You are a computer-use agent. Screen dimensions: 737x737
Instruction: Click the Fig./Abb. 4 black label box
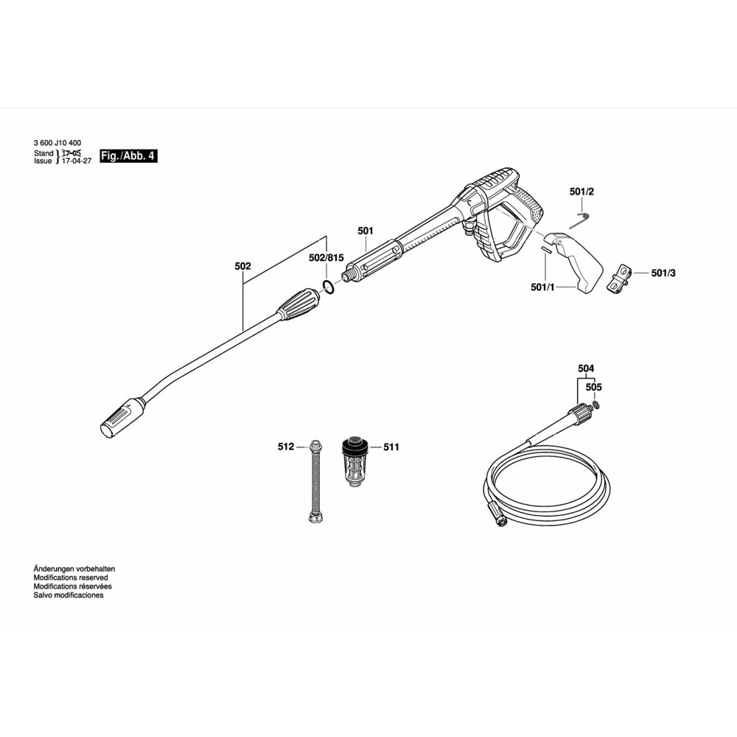coord(128,156)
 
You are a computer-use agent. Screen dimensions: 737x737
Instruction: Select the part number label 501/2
coord(581,192)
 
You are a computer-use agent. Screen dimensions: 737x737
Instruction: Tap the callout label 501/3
coord(663,273)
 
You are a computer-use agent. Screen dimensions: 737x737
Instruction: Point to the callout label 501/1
coord(542,287)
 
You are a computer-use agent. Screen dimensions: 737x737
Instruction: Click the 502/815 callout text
coord(326,257)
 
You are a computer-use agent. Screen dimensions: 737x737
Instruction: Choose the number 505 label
coord(593,387)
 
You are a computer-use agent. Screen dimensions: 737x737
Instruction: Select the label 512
coord(286,447)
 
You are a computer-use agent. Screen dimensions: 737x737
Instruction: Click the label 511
coord(391,447)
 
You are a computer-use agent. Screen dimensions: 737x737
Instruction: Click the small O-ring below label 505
coord(596,405)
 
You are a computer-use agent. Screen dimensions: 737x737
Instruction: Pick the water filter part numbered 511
coord(355,461)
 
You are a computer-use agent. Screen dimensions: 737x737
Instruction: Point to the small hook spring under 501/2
coord(583,216)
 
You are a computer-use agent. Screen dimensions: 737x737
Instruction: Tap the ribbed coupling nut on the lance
coord(298,304)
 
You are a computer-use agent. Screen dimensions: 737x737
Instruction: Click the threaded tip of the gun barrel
coord(349,274)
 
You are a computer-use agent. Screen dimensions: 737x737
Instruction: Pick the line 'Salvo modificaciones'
coord(69,595)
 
